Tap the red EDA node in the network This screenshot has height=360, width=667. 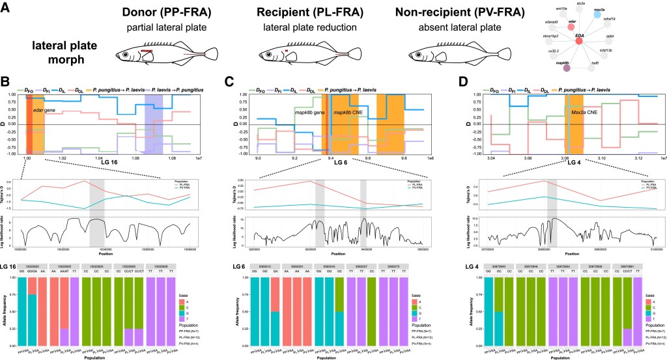point(578,41)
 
